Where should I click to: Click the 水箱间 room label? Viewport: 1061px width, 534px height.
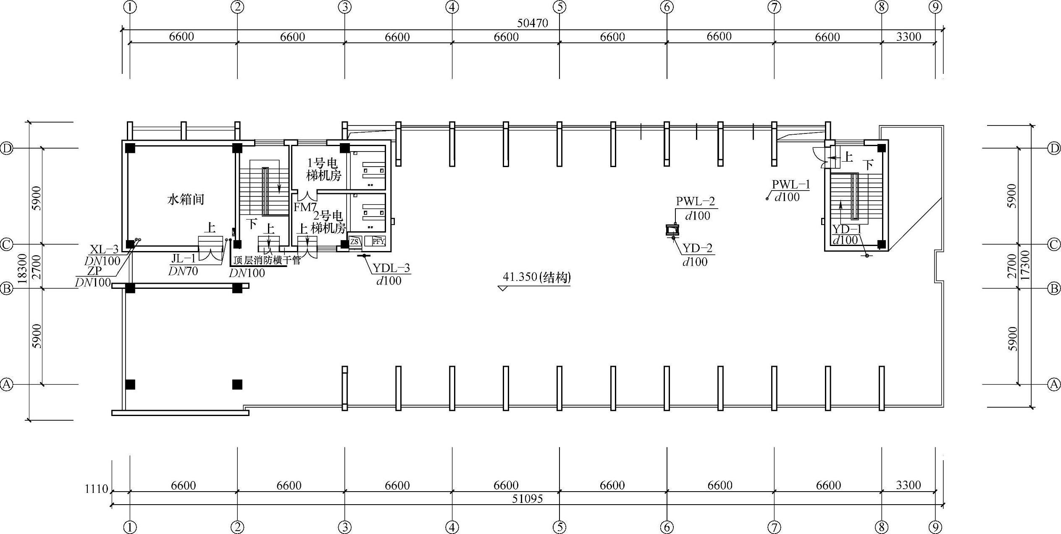[186, 199]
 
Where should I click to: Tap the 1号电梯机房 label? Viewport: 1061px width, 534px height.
[323, 169]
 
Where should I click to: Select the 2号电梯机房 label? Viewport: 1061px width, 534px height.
[328, 222]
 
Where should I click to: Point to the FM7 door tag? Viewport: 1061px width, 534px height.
[305, 207]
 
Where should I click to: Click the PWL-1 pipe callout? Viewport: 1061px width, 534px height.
[791, 185]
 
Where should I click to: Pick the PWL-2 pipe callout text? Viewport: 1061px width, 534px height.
[695, 202]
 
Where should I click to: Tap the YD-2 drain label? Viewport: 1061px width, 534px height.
[698, 249]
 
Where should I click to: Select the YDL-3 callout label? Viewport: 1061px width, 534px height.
[391, 268]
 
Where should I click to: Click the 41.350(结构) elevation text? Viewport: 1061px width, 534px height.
[537, 277]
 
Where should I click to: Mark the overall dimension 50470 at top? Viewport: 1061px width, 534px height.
[533, 23]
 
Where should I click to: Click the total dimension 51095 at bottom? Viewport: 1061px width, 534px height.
[528, 499]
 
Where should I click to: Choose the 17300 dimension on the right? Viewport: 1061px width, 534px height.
[1025, 265]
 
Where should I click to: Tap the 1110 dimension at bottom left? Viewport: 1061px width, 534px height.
[97, 489]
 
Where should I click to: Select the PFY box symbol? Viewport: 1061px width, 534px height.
[375, 241]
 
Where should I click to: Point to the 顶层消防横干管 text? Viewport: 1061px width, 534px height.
[267, 260]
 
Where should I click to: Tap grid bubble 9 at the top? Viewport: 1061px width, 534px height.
[935, 7]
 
